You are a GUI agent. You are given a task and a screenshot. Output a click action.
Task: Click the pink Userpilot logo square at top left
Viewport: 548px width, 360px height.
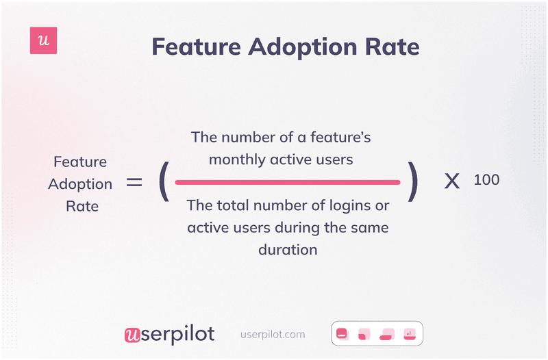click(x=44, y=41)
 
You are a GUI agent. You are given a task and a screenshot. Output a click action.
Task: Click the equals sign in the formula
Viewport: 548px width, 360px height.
click(x=134, y=183)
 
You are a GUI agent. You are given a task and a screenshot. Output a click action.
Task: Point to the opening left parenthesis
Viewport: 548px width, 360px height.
click(x=163, y=183)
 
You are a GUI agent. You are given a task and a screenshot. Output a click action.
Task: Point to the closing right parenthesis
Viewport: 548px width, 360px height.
click(x=412, y=183)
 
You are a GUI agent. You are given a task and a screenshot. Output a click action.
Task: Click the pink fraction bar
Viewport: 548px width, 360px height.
click(x=287, y=183)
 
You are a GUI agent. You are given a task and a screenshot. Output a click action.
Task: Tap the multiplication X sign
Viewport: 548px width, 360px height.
click(x=451, y=182)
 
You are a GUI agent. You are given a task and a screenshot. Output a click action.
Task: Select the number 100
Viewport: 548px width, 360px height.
click(x=486, y=180)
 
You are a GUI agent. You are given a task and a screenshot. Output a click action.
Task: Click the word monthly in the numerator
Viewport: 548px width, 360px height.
click(x=236, y=159)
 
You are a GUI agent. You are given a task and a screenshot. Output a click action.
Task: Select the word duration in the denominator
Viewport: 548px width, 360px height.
click(x=288, y=249)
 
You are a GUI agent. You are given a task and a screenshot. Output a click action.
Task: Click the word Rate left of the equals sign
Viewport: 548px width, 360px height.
click(x=82, y=205)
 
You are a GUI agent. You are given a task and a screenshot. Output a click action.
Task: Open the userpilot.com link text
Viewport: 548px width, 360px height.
click(x=273, y=335)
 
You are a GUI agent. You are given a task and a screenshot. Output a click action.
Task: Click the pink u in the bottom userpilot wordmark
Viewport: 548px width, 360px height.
click(x=132, y=335)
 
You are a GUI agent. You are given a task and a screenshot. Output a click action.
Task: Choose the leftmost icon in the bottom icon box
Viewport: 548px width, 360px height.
click(x=343, y=334)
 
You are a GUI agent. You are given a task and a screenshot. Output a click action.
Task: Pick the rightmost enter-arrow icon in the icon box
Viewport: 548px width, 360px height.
click(x=410, y=334)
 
